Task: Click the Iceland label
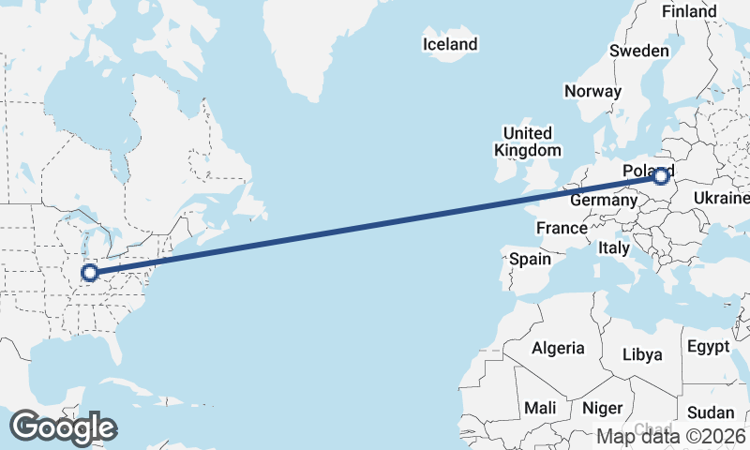pos(450,44)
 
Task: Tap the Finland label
pos(689,11)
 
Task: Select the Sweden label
pos(638,51)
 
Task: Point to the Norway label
pos(592,91)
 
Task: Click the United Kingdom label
pos(528,142)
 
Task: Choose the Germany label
pos(604,201)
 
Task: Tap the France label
pos(562,228)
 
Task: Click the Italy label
pos(614,248)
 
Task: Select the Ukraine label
pos(721,198)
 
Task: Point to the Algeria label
pos(558,348)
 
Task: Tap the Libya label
pos(642,354)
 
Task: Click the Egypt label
pos(708,347)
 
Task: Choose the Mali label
pos(540,408)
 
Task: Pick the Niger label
pos(602,408)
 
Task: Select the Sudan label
pos(711,412)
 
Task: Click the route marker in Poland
pos(662,175)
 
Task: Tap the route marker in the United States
pos(90,273)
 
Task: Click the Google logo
pos(63,427)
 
